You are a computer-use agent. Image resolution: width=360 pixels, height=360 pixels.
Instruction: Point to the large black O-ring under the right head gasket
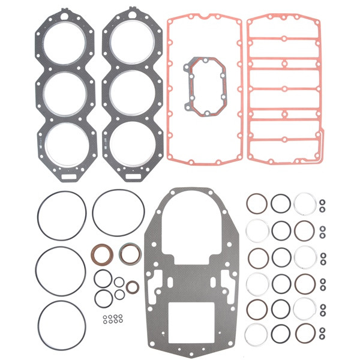coord(118,213)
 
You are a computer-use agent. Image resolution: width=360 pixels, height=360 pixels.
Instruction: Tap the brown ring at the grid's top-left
coord(258,204)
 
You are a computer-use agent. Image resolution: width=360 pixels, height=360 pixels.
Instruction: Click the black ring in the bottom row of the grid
coord(281,332)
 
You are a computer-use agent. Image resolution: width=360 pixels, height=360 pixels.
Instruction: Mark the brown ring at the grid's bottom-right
coord(304,332)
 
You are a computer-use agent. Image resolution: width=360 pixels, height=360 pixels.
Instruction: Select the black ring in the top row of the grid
coord(281,204)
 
